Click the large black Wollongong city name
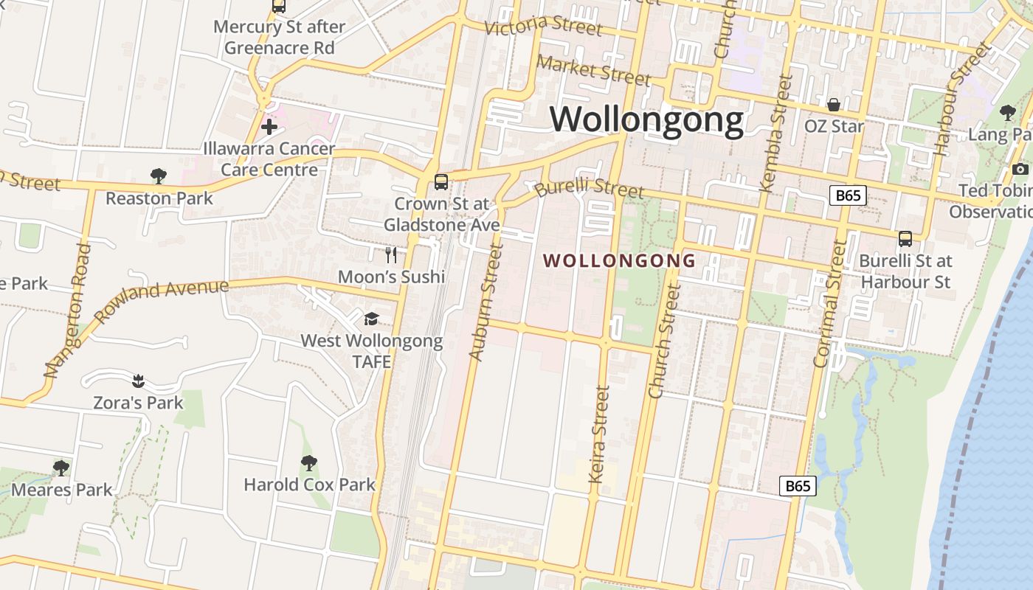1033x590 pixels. pyautogui.click(x=647, y=119)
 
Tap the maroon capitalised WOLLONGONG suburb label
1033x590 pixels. pyautogui.click(x=620, y=260)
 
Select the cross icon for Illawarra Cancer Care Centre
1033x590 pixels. pyautogui.click(x=269, y=127)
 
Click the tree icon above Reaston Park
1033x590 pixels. pyautogui.click(x=158, y=176)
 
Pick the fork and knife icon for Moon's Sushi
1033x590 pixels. pyautogui.click(x=391, y=255)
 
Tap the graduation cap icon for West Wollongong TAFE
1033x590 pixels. pyautogui.click(x=371, y=319)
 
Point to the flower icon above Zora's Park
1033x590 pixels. pyautogui.click(x=138, y=381)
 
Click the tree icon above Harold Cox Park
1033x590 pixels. pyautogui.click(x=309, y=462)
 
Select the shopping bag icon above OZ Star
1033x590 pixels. pyautogui.click(x=834, y=105)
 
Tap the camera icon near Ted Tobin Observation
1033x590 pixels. pyautogui.click(x=1020, y=170)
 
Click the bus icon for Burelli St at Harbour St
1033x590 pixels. pyautogui.click(x=905, y=238)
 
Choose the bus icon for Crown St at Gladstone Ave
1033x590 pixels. pyautogui.click(x=441, y=181)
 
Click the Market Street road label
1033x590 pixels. pyautogui.click(x=594, y=71)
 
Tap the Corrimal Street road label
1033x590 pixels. pyautogui.click(x=830, y=303)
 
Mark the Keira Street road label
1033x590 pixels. pyautogui.click(x=600, y=434)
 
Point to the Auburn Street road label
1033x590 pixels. pyautogui.click(x=485, y=302)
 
